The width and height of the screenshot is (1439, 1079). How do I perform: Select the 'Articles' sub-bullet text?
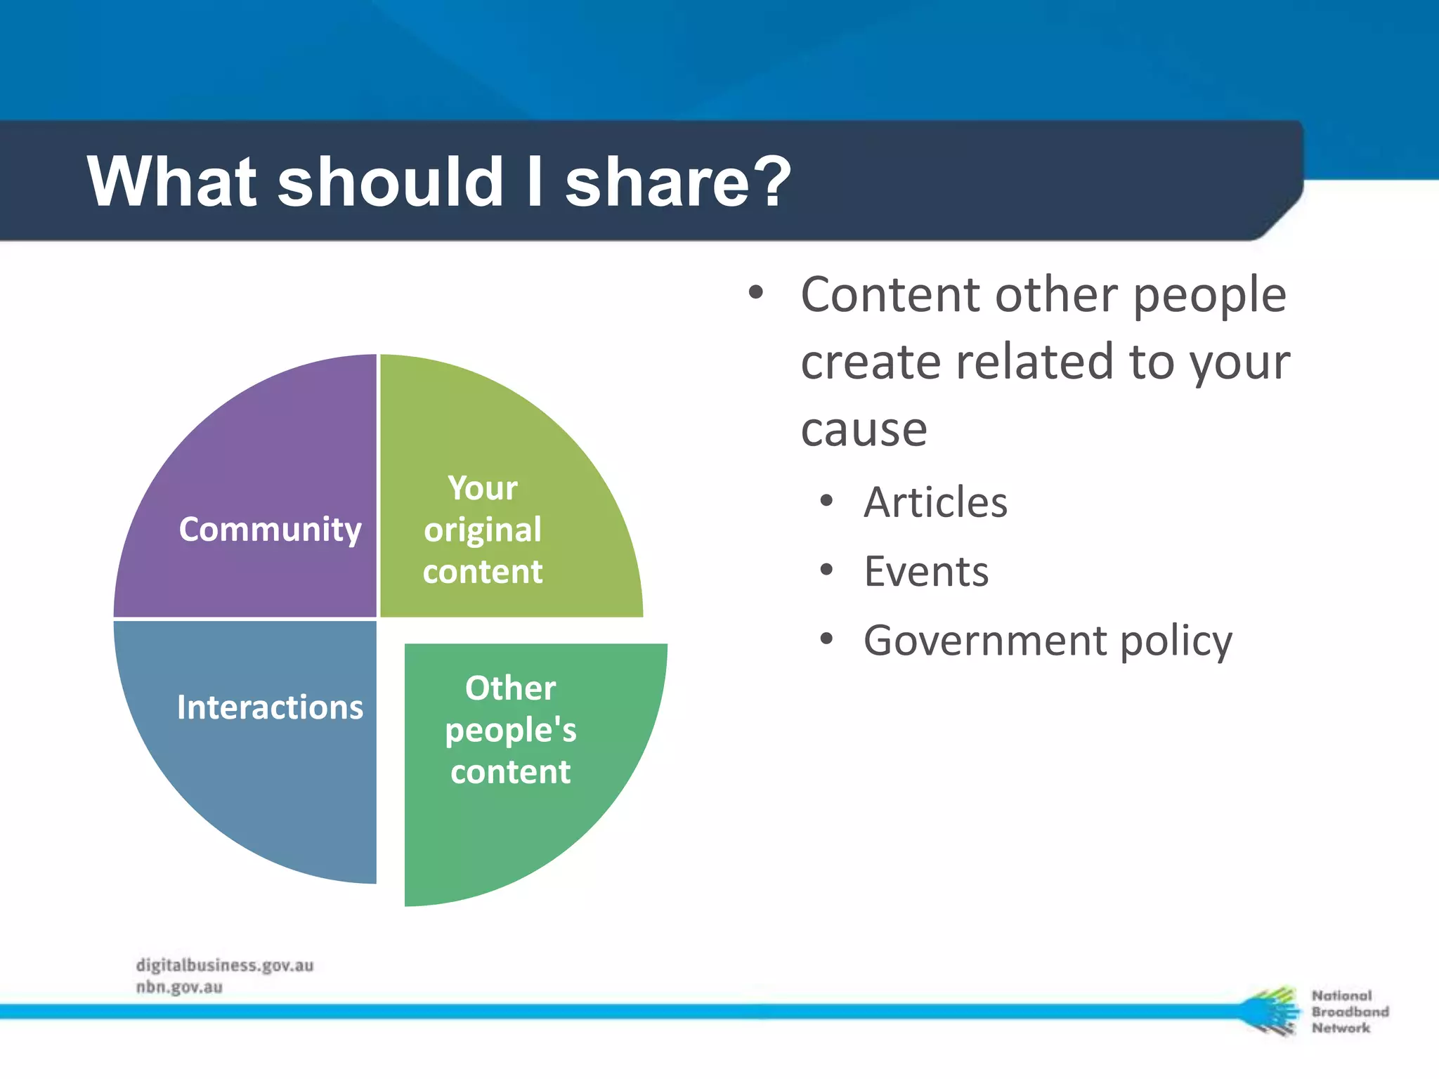(x=935, y=502)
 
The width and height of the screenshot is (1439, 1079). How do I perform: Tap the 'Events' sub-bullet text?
(x=926, y=571)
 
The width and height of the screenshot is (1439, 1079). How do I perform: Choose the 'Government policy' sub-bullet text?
(x=1048, y=641)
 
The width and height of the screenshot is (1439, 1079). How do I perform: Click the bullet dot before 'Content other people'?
(x=755, y=292)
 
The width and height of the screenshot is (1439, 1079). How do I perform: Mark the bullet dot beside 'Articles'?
(x=826, y=501)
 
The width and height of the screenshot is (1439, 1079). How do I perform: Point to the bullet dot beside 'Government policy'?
(x=826, y=639)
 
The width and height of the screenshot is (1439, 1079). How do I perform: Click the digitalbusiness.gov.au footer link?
(x=225, y=965)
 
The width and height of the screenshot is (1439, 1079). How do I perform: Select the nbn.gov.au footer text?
(x=179, y=987)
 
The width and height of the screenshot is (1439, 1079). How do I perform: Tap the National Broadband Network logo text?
(x=1349, y=1012)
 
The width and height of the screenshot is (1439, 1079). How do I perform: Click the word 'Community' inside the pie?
(x=270, y=529)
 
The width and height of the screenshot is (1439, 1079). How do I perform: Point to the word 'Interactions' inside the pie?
(x=270, y=707)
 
